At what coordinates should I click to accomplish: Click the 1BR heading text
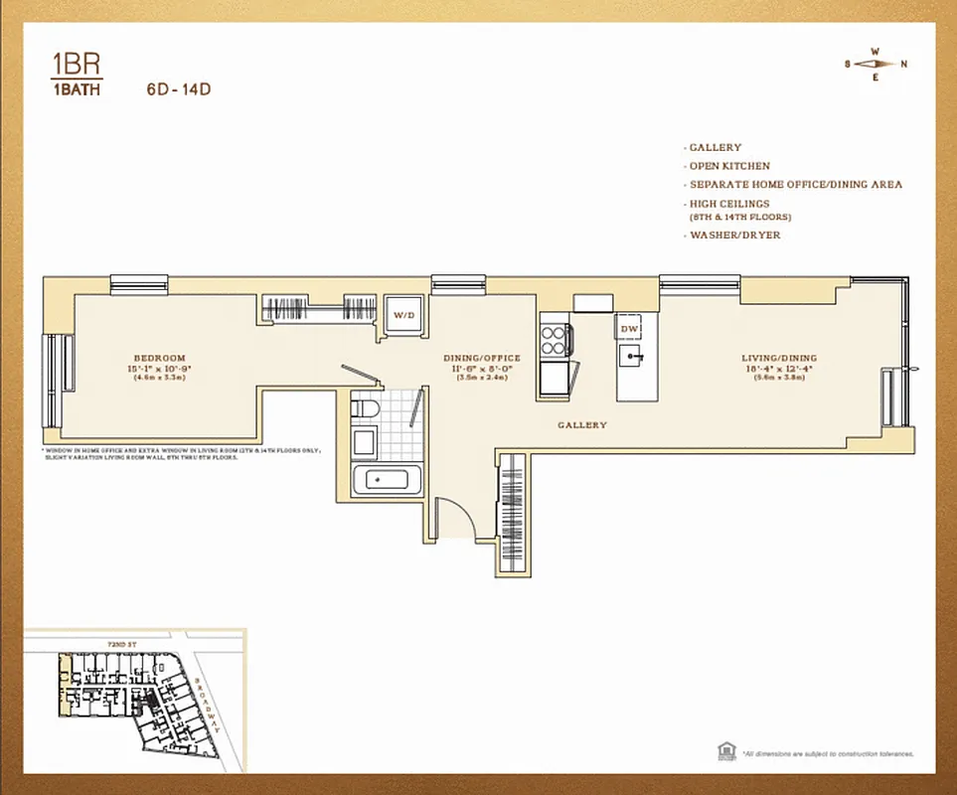pos(76,66)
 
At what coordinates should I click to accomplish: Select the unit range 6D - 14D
pos(178,88)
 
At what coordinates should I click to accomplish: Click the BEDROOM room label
pos(160,358)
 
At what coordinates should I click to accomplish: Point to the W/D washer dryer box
pos(403,315)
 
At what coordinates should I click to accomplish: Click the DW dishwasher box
pos(628,327)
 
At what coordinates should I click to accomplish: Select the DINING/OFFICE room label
pos(481,358)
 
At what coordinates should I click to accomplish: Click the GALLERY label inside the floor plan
pos(581,425)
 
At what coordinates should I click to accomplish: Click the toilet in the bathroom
pos(364,409)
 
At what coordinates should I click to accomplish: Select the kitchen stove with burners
pos(554,340)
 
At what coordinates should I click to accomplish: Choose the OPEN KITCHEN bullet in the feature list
pos(729,166)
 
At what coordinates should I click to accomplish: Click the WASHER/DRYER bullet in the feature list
pos(734,236)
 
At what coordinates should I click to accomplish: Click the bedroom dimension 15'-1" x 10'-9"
pos(160,368)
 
